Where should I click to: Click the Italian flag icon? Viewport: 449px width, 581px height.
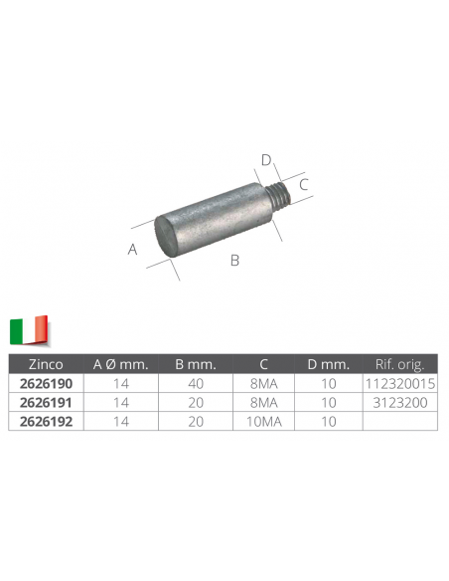(29, 329)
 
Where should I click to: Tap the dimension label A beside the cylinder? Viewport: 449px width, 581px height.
(132, 249)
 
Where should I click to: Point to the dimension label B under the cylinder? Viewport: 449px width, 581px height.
(234, 260)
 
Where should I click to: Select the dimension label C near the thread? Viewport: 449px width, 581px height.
(304, 184)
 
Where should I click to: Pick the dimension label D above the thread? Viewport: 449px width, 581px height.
(266, 160)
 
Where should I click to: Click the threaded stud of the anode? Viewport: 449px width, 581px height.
(279, 194)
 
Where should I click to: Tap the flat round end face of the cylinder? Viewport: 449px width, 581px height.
(166, 235)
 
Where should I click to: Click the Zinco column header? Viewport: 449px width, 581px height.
(46, 364)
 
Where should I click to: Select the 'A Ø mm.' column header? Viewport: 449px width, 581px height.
(120, 364)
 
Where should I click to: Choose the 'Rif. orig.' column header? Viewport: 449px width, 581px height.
(399, 364)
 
